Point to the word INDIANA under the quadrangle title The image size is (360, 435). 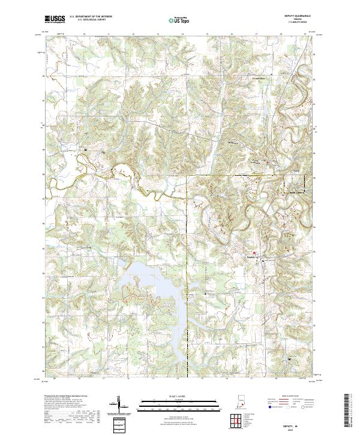pos(302,20)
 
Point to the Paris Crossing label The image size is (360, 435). pos(256,162)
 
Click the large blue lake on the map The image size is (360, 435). pos(150,288)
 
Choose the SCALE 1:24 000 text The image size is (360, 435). pos(172,397)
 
